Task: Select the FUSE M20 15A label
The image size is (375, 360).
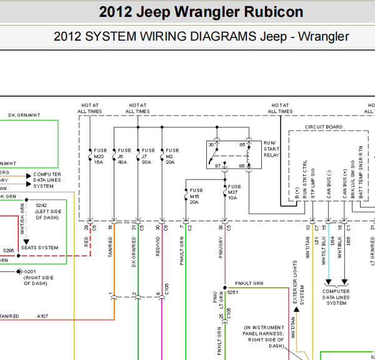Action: (99, 156)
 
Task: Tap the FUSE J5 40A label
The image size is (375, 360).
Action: (124, 156)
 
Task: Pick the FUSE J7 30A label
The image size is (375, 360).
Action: (148, 156)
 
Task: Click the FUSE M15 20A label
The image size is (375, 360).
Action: (196, 196)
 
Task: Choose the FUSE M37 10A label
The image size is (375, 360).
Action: (234, 192)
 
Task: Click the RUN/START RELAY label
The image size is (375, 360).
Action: (271, 150)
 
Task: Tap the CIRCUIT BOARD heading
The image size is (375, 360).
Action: (324, 127)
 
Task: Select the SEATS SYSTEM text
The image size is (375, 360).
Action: (39, 247)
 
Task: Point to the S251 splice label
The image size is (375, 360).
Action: (233, 291)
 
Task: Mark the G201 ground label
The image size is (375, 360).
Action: (29, 271)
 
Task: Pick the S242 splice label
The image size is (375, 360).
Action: (41, 205)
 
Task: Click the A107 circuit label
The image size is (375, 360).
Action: (42, 316)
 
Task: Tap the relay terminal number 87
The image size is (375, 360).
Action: (217, 165)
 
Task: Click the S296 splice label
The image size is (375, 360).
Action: (8, 251)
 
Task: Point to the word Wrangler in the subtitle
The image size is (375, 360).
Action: (324, 36)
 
